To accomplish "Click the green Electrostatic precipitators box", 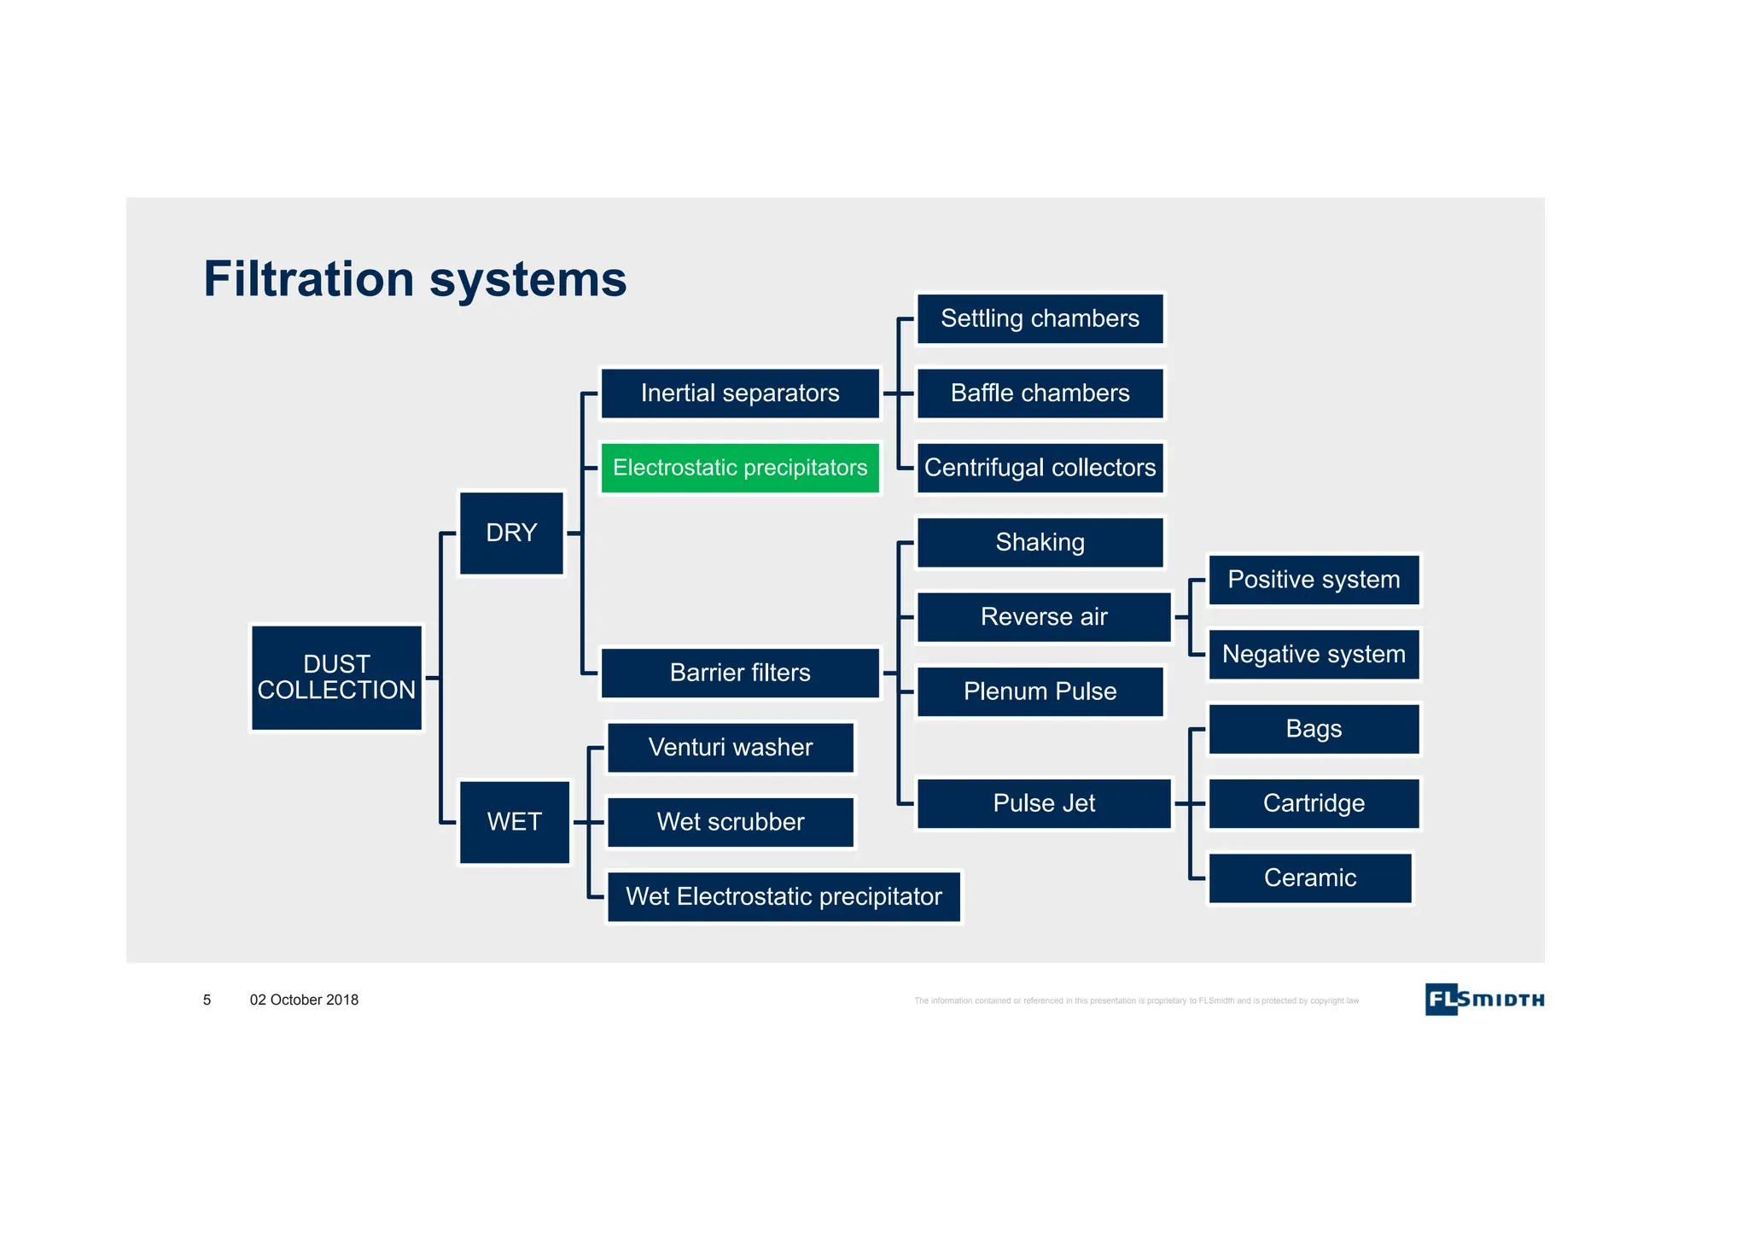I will [740, 468].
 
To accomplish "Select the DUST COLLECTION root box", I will [336, 678].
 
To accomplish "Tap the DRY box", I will [511, 533].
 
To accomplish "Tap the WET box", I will [514, 822].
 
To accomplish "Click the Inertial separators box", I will [740, 394].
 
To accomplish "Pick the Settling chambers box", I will [1040, 319].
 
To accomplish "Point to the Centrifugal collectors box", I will [1040, 468].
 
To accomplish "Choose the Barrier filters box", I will [740, 673].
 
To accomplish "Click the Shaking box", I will [1040, 543].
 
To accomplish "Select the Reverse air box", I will [1044, 617].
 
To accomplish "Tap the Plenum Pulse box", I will [1040, 691].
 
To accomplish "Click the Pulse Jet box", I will [1044, 803].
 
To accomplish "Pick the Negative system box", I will [1314, 655].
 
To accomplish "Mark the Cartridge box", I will [1314, 803].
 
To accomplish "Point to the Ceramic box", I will [1309, 877].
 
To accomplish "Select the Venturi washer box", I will [731, 748].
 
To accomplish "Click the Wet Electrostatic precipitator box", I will [784, 896].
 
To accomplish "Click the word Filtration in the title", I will [308, 279].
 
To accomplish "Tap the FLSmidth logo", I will [1484, 1000].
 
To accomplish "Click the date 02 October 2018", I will [304, 1000].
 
